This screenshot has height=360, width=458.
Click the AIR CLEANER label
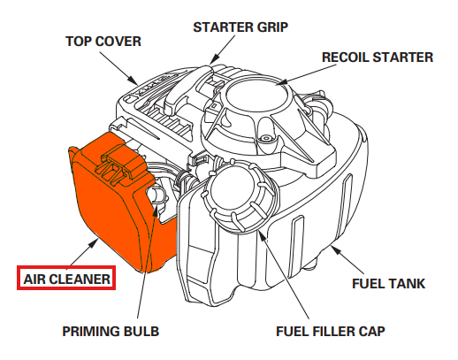[67, 279]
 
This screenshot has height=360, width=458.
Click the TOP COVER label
[104, 41]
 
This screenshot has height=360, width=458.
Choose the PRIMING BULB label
[111, 332]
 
